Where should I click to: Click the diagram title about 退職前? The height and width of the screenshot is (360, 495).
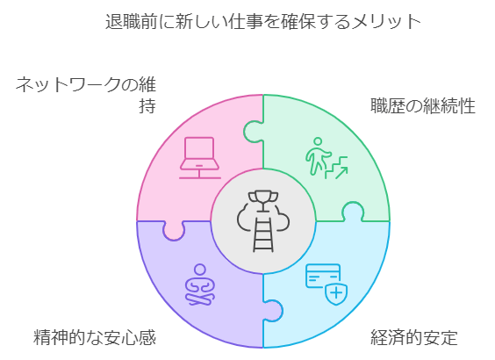263,21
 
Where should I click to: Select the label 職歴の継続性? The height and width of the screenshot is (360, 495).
423,105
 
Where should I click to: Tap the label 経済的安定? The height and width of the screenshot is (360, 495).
414,337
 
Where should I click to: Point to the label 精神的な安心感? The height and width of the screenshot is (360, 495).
95,337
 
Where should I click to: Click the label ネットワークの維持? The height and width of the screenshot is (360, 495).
86,95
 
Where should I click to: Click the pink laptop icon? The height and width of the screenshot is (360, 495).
200,158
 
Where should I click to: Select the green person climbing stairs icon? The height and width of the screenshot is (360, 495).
326,158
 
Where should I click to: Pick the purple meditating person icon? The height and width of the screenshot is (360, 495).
200,284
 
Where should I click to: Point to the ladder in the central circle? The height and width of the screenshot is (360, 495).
263,234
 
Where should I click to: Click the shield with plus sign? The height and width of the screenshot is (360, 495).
336,293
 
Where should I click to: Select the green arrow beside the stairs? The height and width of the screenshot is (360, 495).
341,172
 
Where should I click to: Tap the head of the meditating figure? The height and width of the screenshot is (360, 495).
200,270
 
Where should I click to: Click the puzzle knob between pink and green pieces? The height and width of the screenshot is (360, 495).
254,132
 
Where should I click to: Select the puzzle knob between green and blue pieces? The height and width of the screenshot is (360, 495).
353,212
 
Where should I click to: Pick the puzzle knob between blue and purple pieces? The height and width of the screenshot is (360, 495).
273,311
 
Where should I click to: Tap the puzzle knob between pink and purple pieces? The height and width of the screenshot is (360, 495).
173,231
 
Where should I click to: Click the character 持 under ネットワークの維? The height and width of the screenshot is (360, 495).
147,106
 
